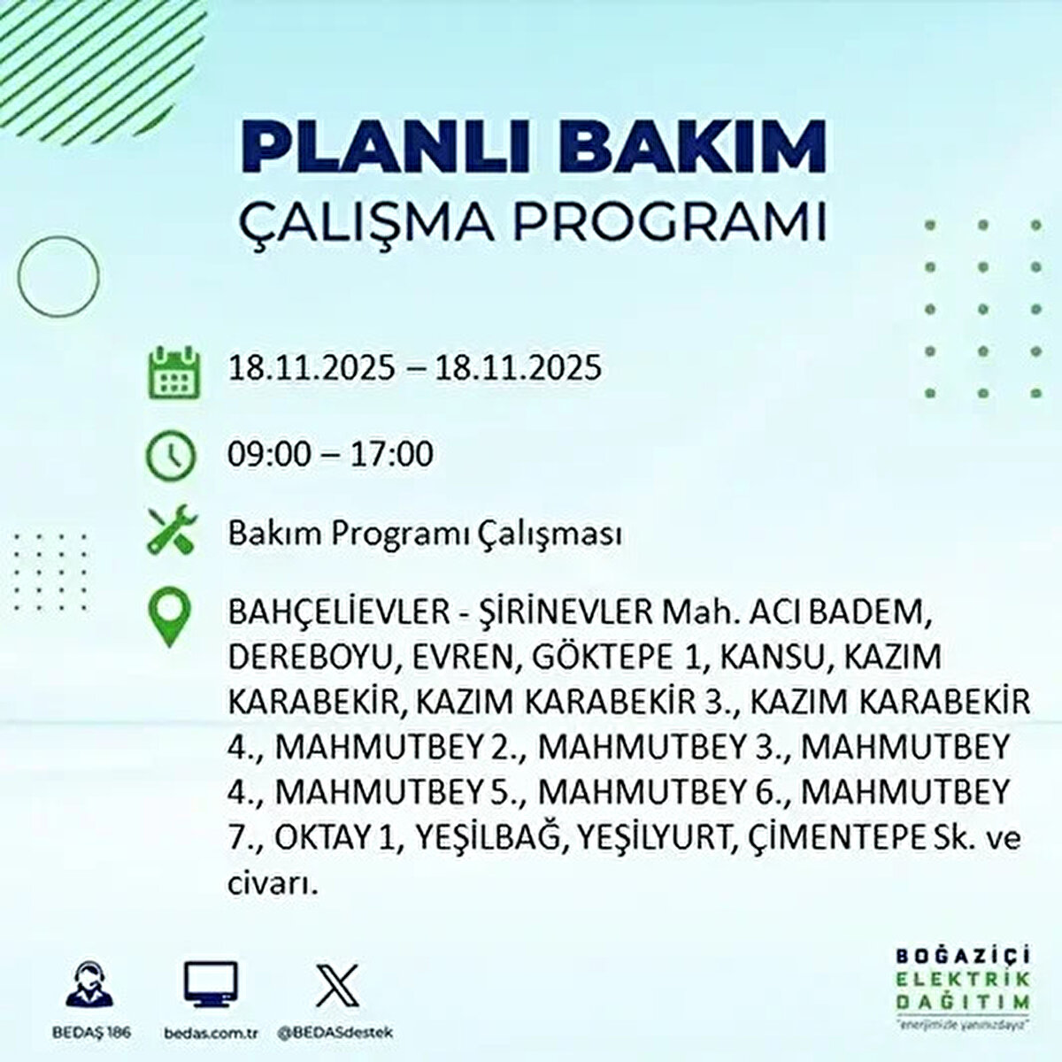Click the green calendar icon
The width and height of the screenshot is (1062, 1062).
(x=170, y=371)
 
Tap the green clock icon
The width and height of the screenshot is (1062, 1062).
(x=170, y=456)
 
